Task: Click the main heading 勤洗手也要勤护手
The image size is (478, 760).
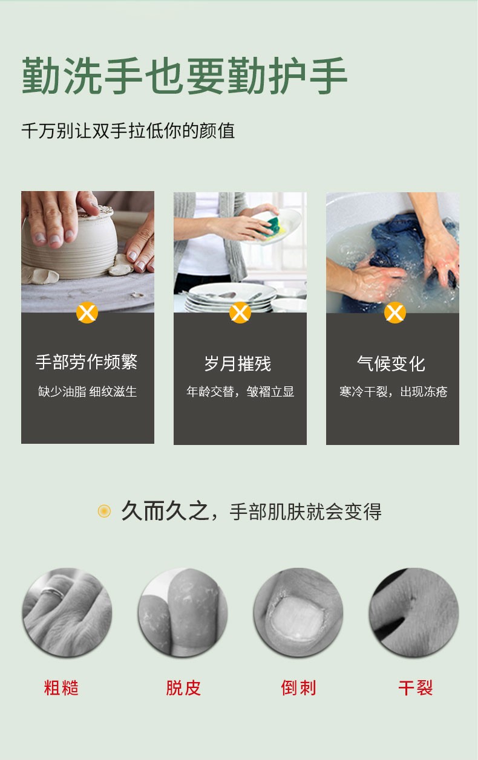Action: [x=185, y=77]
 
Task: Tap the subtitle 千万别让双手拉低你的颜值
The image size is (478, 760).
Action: [x=128, y=131]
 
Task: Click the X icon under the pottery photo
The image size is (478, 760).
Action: [x=87, y=313]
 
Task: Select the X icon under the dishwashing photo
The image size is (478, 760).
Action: [x=240, y=313]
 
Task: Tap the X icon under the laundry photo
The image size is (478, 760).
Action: [x=395, y=313]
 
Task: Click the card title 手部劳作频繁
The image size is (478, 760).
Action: [x=87, y=362]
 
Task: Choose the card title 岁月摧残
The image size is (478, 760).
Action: [x=238, y=364]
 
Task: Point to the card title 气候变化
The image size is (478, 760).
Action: [x=391, y=364]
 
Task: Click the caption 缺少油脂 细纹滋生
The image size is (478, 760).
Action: [x=87, y=392]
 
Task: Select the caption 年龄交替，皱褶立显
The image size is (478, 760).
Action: [x=240, y=392]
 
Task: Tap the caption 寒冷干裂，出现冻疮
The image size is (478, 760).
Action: [x=393, y=392]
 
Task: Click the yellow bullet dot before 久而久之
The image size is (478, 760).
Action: [x=105, y=512]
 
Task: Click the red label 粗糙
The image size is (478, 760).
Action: [x=61, y=688]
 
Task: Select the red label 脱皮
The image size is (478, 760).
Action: [x=183, y=688]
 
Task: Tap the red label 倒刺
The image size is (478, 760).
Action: [x=298, y=688]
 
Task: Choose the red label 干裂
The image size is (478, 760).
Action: [x=416, y=688]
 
